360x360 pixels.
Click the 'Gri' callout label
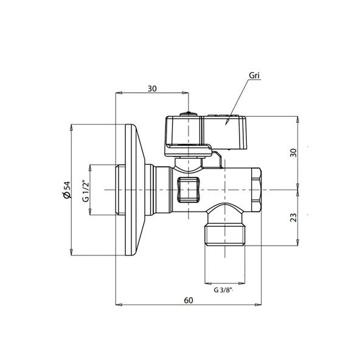click(x=254, y=75)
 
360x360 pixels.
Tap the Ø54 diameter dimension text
click(x=67, y=190)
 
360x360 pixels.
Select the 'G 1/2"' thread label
click(x=85, y=191)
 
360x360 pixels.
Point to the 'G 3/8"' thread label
click(x=223, y=290)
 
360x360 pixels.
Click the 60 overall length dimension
click(x=189, y=300)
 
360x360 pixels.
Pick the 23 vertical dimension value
click(x=294, y=218)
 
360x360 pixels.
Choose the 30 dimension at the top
click(x=152, y=89)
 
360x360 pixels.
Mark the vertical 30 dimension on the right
click(x=294, y=153)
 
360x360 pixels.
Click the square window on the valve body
click(x=189, y=190)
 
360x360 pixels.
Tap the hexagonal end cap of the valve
click(x=257, y=190)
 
